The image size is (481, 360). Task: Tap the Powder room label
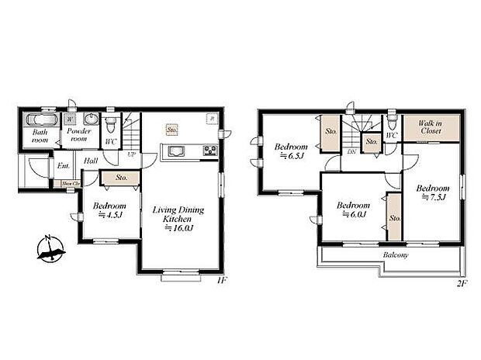(78, 136)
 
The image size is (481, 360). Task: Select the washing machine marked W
(71, 119)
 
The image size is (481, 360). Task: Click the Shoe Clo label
(71, 183)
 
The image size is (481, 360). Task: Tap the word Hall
(91, 161)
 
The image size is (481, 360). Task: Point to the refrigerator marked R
(211, 119)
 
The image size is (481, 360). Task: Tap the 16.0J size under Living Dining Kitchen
(178, 230)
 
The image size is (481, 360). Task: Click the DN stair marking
(351, 152)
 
